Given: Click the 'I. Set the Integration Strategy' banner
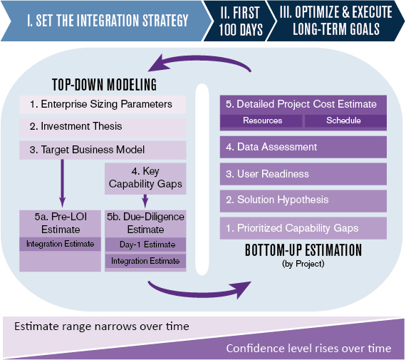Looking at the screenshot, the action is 106,21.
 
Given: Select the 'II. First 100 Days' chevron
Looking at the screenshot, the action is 239,21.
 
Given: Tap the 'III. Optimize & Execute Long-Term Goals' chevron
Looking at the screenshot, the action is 335,21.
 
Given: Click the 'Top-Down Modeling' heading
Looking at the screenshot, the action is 104,85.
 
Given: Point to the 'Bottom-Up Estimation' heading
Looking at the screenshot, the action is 303,250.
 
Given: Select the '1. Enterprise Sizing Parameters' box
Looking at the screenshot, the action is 103,105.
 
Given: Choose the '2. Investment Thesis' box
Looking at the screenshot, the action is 103,127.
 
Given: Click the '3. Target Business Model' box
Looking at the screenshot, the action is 103,150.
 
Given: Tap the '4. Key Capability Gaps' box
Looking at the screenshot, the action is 145,178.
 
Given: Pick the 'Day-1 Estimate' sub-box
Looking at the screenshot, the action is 145,245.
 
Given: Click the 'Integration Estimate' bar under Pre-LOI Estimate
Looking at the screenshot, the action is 60,244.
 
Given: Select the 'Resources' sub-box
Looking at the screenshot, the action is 261,120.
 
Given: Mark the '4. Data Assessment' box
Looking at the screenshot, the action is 303,147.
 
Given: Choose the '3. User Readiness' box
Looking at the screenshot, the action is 303,174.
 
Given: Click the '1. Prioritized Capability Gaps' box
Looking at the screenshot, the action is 303,228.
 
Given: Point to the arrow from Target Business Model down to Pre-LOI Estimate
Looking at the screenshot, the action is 62,183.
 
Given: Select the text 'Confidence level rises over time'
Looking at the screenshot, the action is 308,349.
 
